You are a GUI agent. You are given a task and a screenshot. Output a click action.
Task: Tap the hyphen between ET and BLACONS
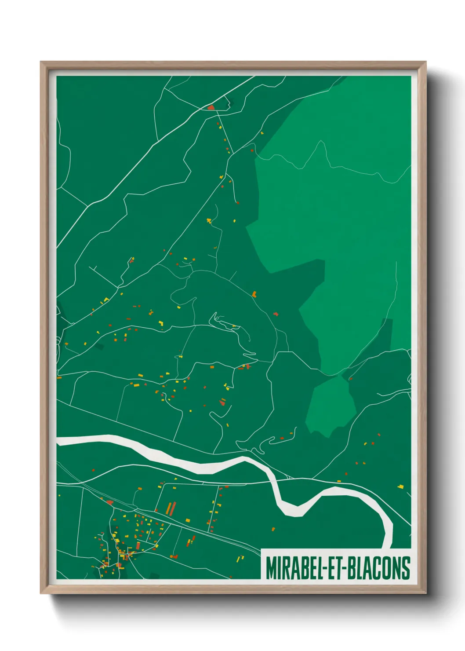click(349, 568)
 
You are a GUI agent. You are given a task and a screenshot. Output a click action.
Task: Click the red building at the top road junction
click(211, 107)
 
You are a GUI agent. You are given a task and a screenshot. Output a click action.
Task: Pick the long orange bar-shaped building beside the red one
click(168, 509)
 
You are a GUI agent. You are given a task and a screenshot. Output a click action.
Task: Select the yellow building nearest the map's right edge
click(400, 486)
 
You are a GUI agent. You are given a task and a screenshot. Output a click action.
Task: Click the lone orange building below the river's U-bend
click(273, 529)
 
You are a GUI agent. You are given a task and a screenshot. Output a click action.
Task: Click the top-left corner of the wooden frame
click(41, 62)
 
